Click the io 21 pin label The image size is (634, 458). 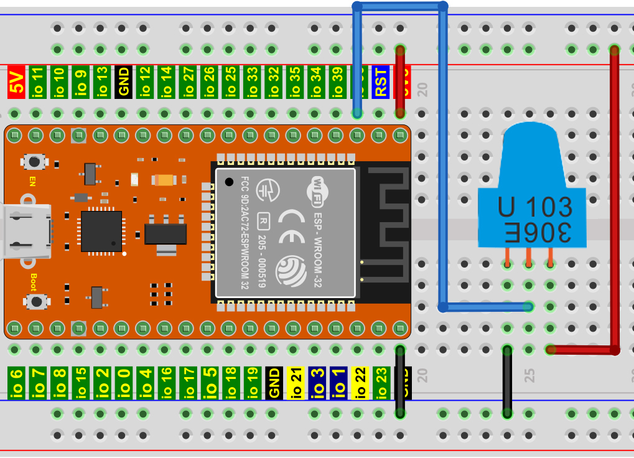click(x=296, y=383)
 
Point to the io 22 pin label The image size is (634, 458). click(x=360, y=383)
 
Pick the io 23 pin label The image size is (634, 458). click(x=381, y=383)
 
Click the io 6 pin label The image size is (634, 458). click(x=17, y=383)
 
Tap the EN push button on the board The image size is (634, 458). click(x=35, y=162)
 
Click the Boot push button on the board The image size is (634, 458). click(x=37, y=302)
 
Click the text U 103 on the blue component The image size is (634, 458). click(x=534, y=207)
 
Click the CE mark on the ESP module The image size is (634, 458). click(x=292, y=227)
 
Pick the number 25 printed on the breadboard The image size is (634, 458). click(x=529, y=375)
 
